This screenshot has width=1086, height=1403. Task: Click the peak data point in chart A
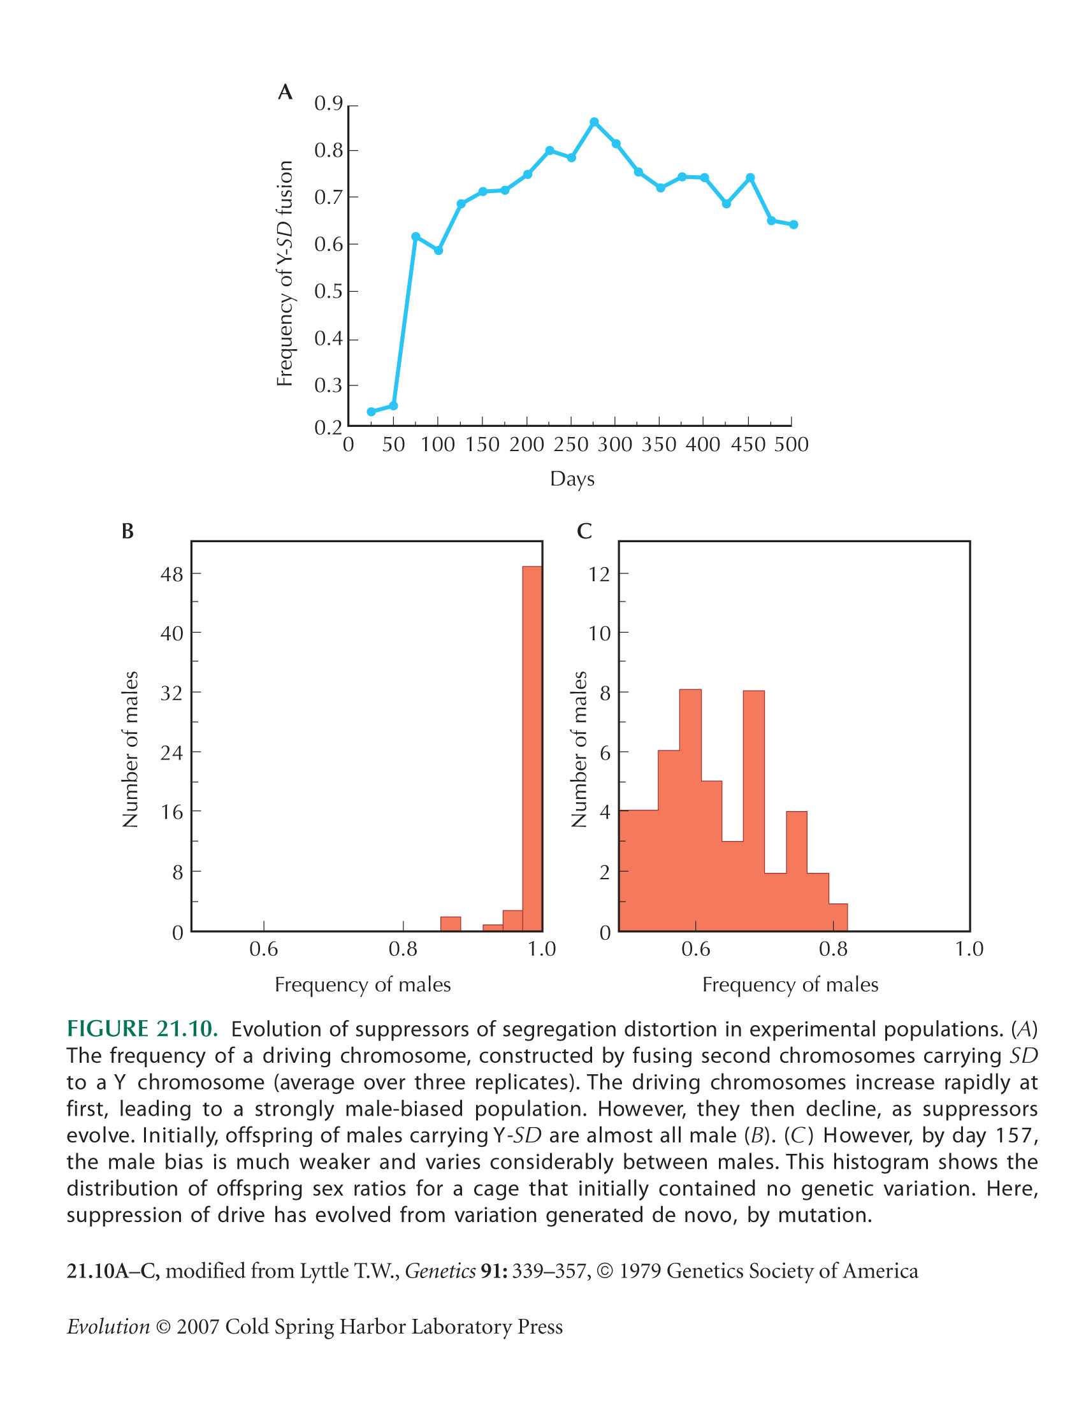(595, 122)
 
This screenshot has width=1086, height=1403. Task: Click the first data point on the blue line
(372, 412)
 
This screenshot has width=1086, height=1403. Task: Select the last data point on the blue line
(793, 225)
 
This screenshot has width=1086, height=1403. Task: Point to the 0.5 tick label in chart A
(328, 292)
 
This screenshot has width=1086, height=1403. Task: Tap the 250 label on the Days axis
(570, 445)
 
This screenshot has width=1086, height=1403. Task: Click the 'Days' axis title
(572, 479)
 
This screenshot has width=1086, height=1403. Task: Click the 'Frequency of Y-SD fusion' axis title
(285, 274)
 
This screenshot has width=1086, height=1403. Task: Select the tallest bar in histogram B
(532, 749)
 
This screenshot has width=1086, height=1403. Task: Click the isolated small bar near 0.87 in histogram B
(451, 924)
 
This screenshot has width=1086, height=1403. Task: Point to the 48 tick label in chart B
(171, 574)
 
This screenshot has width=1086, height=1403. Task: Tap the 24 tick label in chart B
(171, 752)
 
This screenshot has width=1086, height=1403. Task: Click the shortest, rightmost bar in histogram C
(838, 917)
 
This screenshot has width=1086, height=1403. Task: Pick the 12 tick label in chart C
(599, 574)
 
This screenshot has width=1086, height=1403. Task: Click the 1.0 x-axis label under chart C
(969, 949)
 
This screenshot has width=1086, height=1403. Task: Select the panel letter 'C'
(584, 531)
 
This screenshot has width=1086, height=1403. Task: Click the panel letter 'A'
(286, 92)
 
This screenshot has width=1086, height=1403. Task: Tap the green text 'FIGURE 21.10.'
(143, 1028)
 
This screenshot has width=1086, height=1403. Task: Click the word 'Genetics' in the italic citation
(440, 1270)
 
